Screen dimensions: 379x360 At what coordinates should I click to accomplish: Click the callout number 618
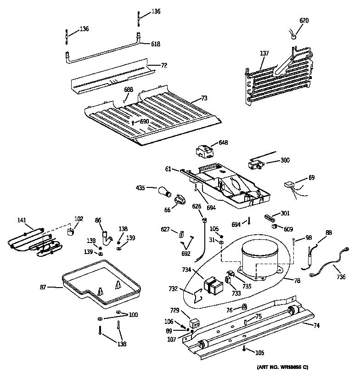click(156, 44)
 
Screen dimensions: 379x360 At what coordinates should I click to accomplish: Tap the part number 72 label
click(164, 65)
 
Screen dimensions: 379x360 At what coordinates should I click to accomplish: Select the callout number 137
click(264, 54)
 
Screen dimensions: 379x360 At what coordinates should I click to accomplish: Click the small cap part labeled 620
click(292, 34)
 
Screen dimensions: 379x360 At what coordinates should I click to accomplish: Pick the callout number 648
click(223, 143)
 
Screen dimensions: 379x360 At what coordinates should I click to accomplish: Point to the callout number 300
click(285, 160)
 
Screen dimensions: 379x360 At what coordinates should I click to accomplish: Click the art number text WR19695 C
click(282, 367)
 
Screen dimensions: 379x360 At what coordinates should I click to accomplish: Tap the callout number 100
click(133, 315)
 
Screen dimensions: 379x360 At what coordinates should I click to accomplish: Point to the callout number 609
click(288, 229)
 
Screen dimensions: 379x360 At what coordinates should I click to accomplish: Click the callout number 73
click(204, 98)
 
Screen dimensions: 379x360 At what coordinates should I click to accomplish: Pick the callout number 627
click(165, 229)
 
